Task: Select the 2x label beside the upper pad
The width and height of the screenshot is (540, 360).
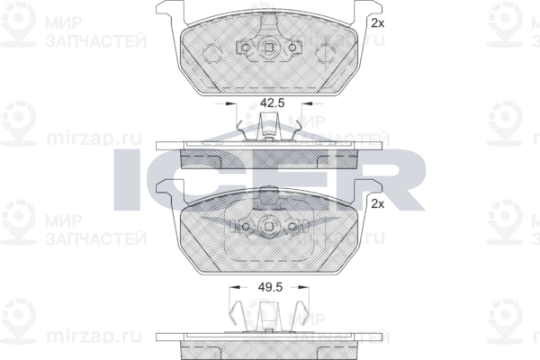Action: click(377, 22)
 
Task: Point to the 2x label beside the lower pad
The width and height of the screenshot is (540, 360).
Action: click(377, 205)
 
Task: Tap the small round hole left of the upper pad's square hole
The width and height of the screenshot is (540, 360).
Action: click(248, 49)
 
